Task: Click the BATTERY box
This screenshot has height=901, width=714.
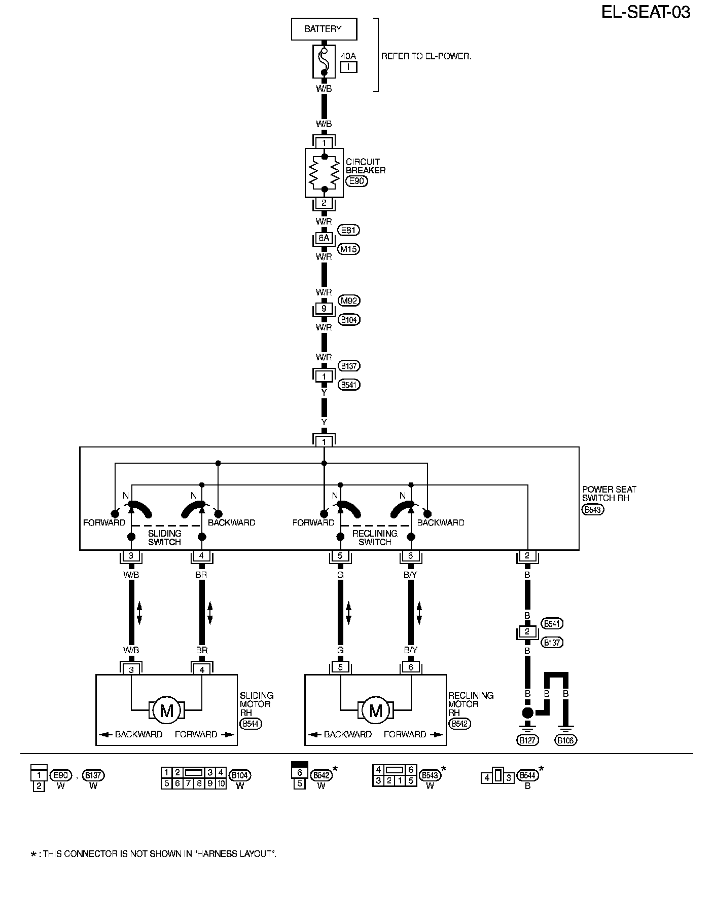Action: tap(324, 29)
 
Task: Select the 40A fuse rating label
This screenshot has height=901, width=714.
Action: tap(348, 56)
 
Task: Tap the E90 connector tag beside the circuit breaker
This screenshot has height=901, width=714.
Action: tap(356, 181)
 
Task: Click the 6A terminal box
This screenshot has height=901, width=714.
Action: tap(324, 238)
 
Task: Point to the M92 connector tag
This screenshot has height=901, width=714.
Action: tap(349, 301)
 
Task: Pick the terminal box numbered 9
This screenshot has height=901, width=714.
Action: tap(324, 309)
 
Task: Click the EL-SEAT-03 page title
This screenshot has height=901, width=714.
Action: tap(646, 12)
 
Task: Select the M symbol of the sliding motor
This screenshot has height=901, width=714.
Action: tap(167, 710)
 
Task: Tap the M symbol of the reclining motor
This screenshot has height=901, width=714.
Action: tap(376, 710)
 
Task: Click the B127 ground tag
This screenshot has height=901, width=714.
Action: tap(527, 740)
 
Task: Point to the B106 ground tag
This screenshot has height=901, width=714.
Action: tap(566, 740)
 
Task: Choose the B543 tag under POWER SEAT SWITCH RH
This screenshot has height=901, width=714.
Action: tap(592, 510)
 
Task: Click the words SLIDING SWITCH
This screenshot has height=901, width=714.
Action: tap(165, 538)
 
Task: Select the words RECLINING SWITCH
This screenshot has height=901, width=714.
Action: tap(375, 538)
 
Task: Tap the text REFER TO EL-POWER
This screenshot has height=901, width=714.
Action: tap(426, 56)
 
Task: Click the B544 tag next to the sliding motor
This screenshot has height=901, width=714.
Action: tap(251, 724)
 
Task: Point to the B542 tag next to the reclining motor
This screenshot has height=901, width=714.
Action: tap(460, 724)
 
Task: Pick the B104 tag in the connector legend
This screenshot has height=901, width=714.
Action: tap(240, 775)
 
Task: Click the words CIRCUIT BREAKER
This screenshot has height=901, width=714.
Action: tap(365, 166)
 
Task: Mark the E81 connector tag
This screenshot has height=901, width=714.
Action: tap(349, 231)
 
